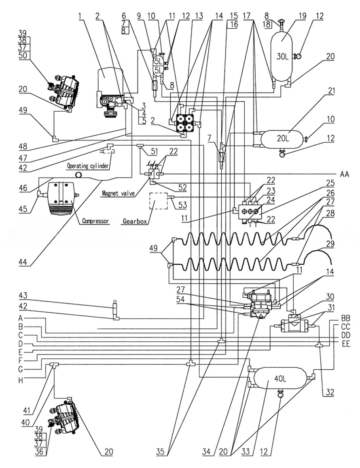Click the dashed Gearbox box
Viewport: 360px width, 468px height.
click(x=159, y=201)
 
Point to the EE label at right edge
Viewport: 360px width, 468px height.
click(x=345, y=344)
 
